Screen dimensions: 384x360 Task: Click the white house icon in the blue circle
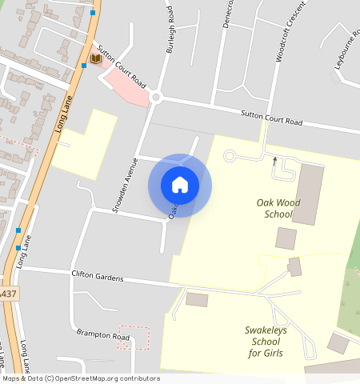point(180,185)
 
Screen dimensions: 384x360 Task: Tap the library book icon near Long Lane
point(96,59)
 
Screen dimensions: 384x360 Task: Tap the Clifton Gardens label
point(98,277)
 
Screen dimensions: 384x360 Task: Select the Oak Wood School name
point(278,208)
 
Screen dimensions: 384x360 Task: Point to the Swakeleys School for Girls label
point(266,342)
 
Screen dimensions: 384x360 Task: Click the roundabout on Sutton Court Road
point(156,98)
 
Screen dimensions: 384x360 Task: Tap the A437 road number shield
point(6,294)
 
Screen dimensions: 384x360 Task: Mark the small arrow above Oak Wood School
point(274,162)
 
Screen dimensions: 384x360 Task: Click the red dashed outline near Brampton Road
point(134,337)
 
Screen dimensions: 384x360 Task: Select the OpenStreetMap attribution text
point(80,378)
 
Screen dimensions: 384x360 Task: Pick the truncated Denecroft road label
point(229,14)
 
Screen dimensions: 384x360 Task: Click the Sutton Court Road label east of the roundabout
point(272,118)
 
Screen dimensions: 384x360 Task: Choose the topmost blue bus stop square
point(94,13)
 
